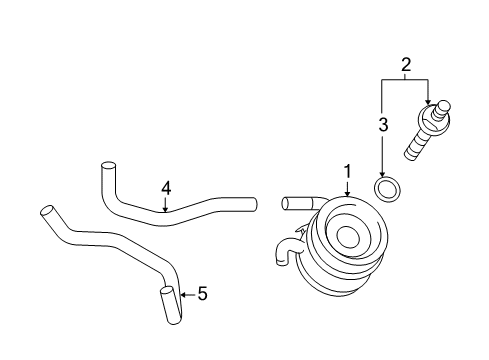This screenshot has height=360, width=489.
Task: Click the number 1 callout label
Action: coord(347,173)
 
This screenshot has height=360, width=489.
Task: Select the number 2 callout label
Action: coord(405,66)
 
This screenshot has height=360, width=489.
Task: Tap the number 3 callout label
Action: coord(382,125)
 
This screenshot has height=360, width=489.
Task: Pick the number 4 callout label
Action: coord(167,187)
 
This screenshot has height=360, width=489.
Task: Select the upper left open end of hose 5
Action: coord(45,211)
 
